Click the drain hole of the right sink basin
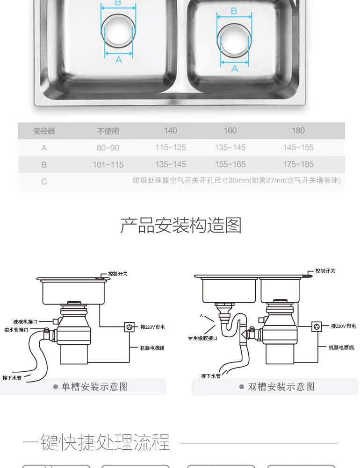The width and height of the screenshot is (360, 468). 234,40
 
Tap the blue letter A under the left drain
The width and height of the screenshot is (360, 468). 119,60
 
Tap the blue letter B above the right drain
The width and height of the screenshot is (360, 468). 234,11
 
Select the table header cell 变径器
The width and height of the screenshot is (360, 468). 44,131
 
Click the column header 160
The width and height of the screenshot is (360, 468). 230,131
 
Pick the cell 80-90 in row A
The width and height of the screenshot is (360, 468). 108,148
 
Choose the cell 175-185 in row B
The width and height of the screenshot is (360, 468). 298,164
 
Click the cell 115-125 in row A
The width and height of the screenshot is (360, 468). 171,148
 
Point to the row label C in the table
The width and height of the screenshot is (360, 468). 44,182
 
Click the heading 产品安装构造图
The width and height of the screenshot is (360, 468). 181,225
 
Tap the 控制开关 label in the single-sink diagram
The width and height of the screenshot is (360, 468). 118,274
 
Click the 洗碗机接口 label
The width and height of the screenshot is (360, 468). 25,322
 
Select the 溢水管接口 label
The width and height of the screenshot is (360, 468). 16,330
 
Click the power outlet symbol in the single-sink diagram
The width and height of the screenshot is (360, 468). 130,327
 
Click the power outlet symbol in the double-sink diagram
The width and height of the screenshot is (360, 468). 317,326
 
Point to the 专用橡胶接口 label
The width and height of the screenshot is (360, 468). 202,338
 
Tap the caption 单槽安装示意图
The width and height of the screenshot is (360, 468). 95,387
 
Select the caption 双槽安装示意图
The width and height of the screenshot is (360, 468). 281,387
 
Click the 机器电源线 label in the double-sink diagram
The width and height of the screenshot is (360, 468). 341,347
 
